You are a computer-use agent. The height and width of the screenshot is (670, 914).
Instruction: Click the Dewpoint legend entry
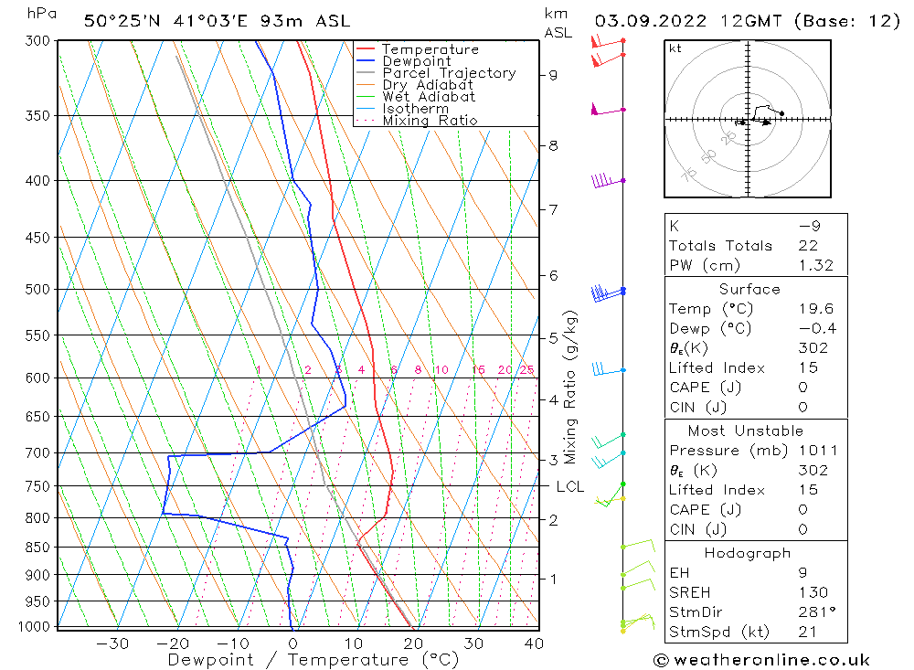416,61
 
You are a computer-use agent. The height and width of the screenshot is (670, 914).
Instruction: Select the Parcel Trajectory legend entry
449,73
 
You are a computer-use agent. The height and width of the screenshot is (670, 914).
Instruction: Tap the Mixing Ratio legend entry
430,121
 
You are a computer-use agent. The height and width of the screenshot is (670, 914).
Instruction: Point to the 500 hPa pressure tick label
38,290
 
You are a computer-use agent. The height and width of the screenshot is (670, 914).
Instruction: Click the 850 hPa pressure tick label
38,548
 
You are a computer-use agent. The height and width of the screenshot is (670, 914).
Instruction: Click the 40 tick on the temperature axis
534,643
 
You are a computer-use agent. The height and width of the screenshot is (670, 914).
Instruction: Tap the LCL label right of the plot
569,487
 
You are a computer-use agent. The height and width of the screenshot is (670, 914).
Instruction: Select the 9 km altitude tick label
554,75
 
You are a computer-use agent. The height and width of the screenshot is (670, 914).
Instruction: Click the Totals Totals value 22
808,245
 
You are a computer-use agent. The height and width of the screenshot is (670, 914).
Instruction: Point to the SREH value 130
813,593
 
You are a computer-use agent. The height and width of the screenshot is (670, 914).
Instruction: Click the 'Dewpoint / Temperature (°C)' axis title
314,659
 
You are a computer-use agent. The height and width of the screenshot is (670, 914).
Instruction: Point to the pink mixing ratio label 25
527,370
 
